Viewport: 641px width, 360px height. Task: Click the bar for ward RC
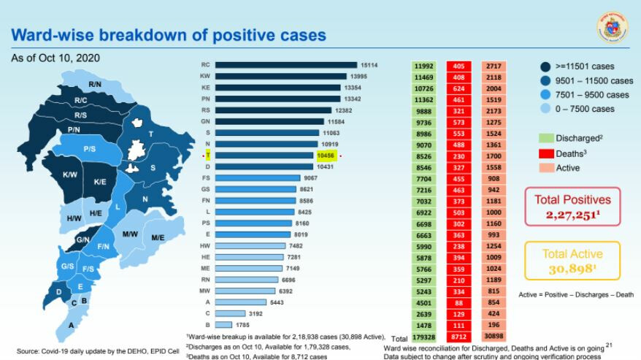tap(285, 64)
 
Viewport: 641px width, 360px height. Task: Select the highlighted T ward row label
tap(208, 156)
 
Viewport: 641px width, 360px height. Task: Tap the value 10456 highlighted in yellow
tap(325, 156)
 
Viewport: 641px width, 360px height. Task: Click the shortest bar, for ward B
tap(223, 324)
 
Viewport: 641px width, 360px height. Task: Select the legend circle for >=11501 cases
tap(546, 66)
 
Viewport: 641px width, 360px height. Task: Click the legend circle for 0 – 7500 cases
tap(546, 109)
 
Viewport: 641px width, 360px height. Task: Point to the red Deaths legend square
tap(545, 153)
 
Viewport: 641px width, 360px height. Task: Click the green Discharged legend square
tap(545, 138)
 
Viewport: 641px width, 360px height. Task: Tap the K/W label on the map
tap(70, 175)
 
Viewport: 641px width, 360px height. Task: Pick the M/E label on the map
tap(158, 237)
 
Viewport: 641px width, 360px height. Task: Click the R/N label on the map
tap(95, 85)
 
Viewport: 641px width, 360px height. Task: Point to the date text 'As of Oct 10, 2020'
tap(55, 57)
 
